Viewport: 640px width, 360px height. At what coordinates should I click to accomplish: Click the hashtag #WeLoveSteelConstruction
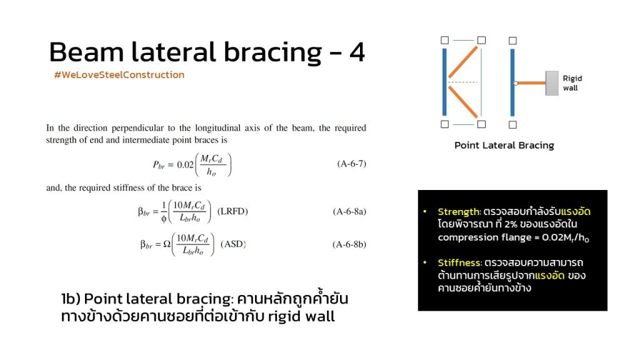click(x=119, y=75)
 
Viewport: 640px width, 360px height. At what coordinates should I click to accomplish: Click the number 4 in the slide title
click(x=357, y=52)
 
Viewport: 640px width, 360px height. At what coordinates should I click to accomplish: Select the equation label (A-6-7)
click(x=351, y=164)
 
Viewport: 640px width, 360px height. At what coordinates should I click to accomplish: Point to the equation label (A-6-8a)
click(x=349, y=211)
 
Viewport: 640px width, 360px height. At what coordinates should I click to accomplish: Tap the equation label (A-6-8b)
click(x=349, y=244)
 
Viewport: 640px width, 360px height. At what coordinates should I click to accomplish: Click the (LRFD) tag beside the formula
click(x=232, y=211)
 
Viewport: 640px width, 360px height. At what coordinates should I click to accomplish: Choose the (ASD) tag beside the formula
click(x=233, y=244)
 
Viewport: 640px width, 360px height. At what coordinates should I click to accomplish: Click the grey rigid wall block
click(x=552, y=83)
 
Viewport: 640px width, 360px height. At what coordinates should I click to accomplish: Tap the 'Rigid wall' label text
click(x=572, y=83)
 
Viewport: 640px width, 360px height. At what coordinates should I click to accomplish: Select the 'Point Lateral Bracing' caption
click(x=504, y=145)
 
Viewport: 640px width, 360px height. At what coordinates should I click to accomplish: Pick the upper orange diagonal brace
click(x=463, y=62)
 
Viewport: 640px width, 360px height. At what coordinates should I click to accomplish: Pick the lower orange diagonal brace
click(x=463, y=102)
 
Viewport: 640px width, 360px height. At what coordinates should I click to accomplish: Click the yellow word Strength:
click(x=459, y=212)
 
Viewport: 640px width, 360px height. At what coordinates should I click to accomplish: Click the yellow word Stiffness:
click(x=460, y=262)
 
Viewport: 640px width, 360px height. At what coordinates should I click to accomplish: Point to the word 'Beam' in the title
click(x=86, y=52)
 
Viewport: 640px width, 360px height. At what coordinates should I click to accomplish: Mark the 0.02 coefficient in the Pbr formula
click(x=185, y=165)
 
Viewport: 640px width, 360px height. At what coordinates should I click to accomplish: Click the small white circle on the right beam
click(x=516, y=83)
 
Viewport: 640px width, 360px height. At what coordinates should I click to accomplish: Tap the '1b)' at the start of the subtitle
click(x=71, y=299)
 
